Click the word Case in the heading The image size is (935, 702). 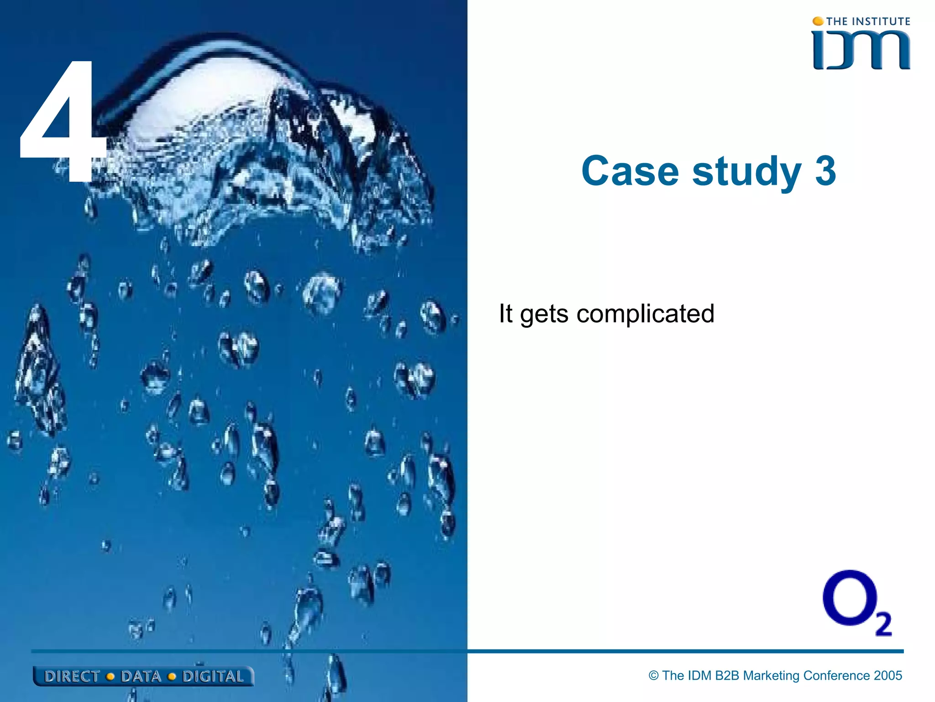pos(630,171)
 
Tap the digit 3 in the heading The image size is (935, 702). pos(825,171)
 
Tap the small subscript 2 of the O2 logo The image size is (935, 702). pos(883,624)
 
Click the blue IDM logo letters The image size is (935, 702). pos(861,50)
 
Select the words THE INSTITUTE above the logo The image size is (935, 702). pos(868,21)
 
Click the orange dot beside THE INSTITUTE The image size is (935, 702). pos(818,21)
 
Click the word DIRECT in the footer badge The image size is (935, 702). pos(72,676)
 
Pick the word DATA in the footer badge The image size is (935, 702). pos(141,676)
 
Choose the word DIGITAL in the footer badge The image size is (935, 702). pos(213,676)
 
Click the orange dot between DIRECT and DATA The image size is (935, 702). pos(110,677)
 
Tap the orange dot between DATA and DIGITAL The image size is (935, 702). pos(172,677)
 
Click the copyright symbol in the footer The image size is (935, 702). pos(654,675)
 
